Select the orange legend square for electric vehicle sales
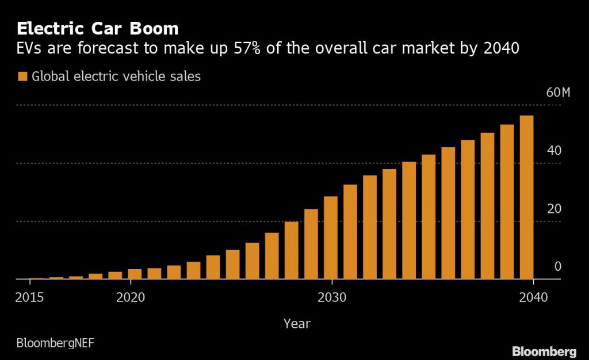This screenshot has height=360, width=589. coord(22,76)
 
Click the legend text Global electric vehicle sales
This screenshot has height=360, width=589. coord(116,76)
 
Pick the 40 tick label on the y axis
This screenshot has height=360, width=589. coord(554,151)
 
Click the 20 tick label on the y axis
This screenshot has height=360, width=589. coord(554,209)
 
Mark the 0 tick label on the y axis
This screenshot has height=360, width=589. coord(557,266)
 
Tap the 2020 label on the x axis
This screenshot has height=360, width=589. coord(131,297)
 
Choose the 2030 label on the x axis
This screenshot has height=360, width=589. coord(331,297)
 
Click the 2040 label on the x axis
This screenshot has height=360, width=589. coord(534,297)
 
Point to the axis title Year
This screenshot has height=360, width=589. coord(297,324)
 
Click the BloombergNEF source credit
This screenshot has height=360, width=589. coord(55,343)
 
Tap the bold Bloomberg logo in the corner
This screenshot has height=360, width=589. coord(544,351)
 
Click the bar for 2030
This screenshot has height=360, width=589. coord(331,238)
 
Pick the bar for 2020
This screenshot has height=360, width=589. coord(135,274)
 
